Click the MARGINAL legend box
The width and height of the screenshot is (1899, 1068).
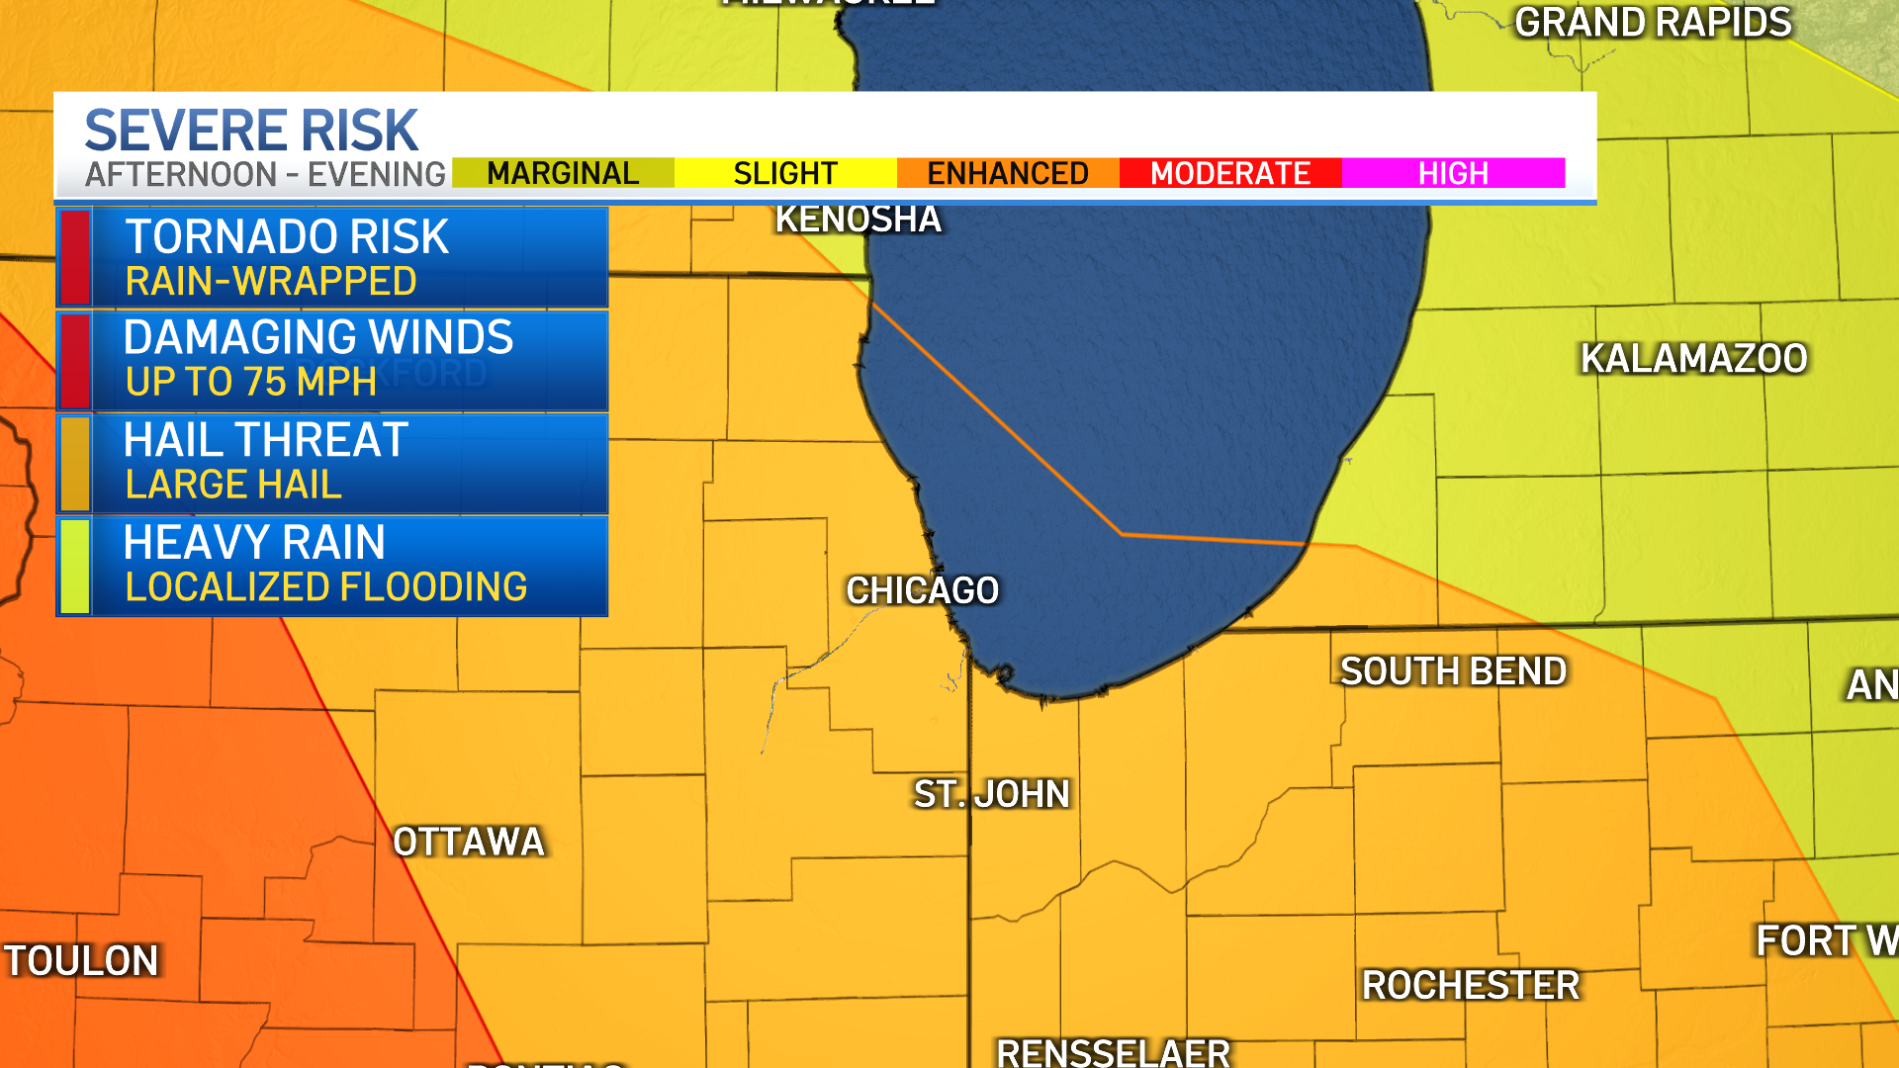click(563, 173)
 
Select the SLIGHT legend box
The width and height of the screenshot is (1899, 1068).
click(785, 173)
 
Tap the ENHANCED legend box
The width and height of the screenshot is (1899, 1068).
click(1008, 173)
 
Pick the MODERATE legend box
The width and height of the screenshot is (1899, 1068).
click(1230, 173)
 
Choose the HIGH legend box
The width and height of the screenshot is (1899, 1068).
click(1453, 173)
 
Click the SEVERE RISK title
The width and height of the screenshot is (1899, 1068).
click(251, 131)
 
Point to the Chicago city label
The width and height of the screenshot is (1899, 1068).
click(922, 590)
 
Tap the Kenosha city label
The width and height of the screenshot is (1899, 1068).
click(858, 220)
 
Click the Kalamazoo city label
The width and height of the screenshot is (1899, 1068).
click(1693, 358)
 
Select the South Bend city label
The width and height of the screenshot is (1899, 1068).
click(1453, 671)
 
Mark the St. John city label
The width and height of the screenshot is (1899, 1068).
click(991, 794)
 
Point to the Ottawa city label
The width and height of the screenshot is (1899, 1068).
click(469, 843)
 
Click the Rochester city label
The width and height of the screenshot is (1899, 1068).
click(1471, 985)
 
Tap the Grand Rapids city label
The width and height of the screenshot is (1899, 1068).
click(1653, 23)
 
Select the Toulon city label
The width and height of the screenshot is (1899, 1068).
click(81, 961)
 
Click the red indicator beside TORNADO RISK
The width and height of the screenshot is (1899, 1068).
click(74, 257)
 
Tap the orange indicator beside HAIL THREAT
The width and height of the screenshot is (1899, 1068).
click(74, 463)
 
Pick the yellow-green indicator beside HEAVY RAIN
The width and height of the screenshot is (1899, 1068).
click(74, 566)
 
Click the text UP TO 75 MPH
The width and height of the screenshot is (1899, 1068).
click(251, 382)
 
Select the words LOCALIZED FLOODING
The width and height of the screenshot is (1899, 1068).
click(325, 587)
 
